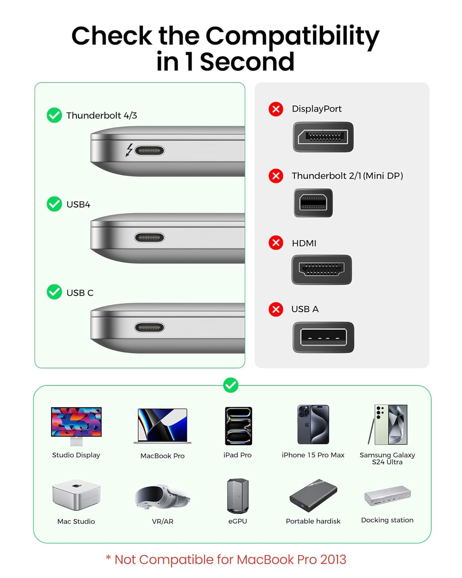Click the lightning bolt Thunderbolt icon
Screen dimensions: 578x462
[129, 150]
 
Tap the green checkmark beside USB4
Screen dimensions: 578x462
[54, 204]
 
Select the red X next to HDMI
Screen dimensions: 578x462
[276, 243]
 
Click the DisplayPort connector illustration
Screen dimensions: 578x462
[323, 137]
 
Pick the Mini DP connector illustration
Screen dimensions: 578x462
[313, 203]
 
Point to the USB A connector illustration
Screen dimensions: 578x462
[323, 337]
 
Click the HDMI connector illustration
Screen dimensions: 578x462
[321, 269]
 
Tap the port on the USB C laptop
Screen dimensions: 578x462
[149, 328]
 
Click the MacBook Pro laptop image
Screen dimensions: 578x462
[162, 426]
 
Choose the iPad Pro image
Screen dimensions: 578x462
[238, 426]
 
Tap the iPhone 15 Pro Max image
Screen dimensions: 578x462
[313, 424]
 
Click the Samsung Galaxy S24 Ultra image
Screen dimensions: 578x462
[388, 424]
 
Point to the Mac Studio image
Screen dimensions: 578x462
[76, 495]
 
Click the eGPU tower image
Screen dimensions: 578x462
[238, 496]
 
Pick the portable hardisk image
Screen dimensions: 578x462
[313, 496]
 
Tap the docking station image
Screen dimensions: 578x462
[387, 496]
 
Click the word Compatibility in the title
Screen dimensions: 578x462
[292, 36]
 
